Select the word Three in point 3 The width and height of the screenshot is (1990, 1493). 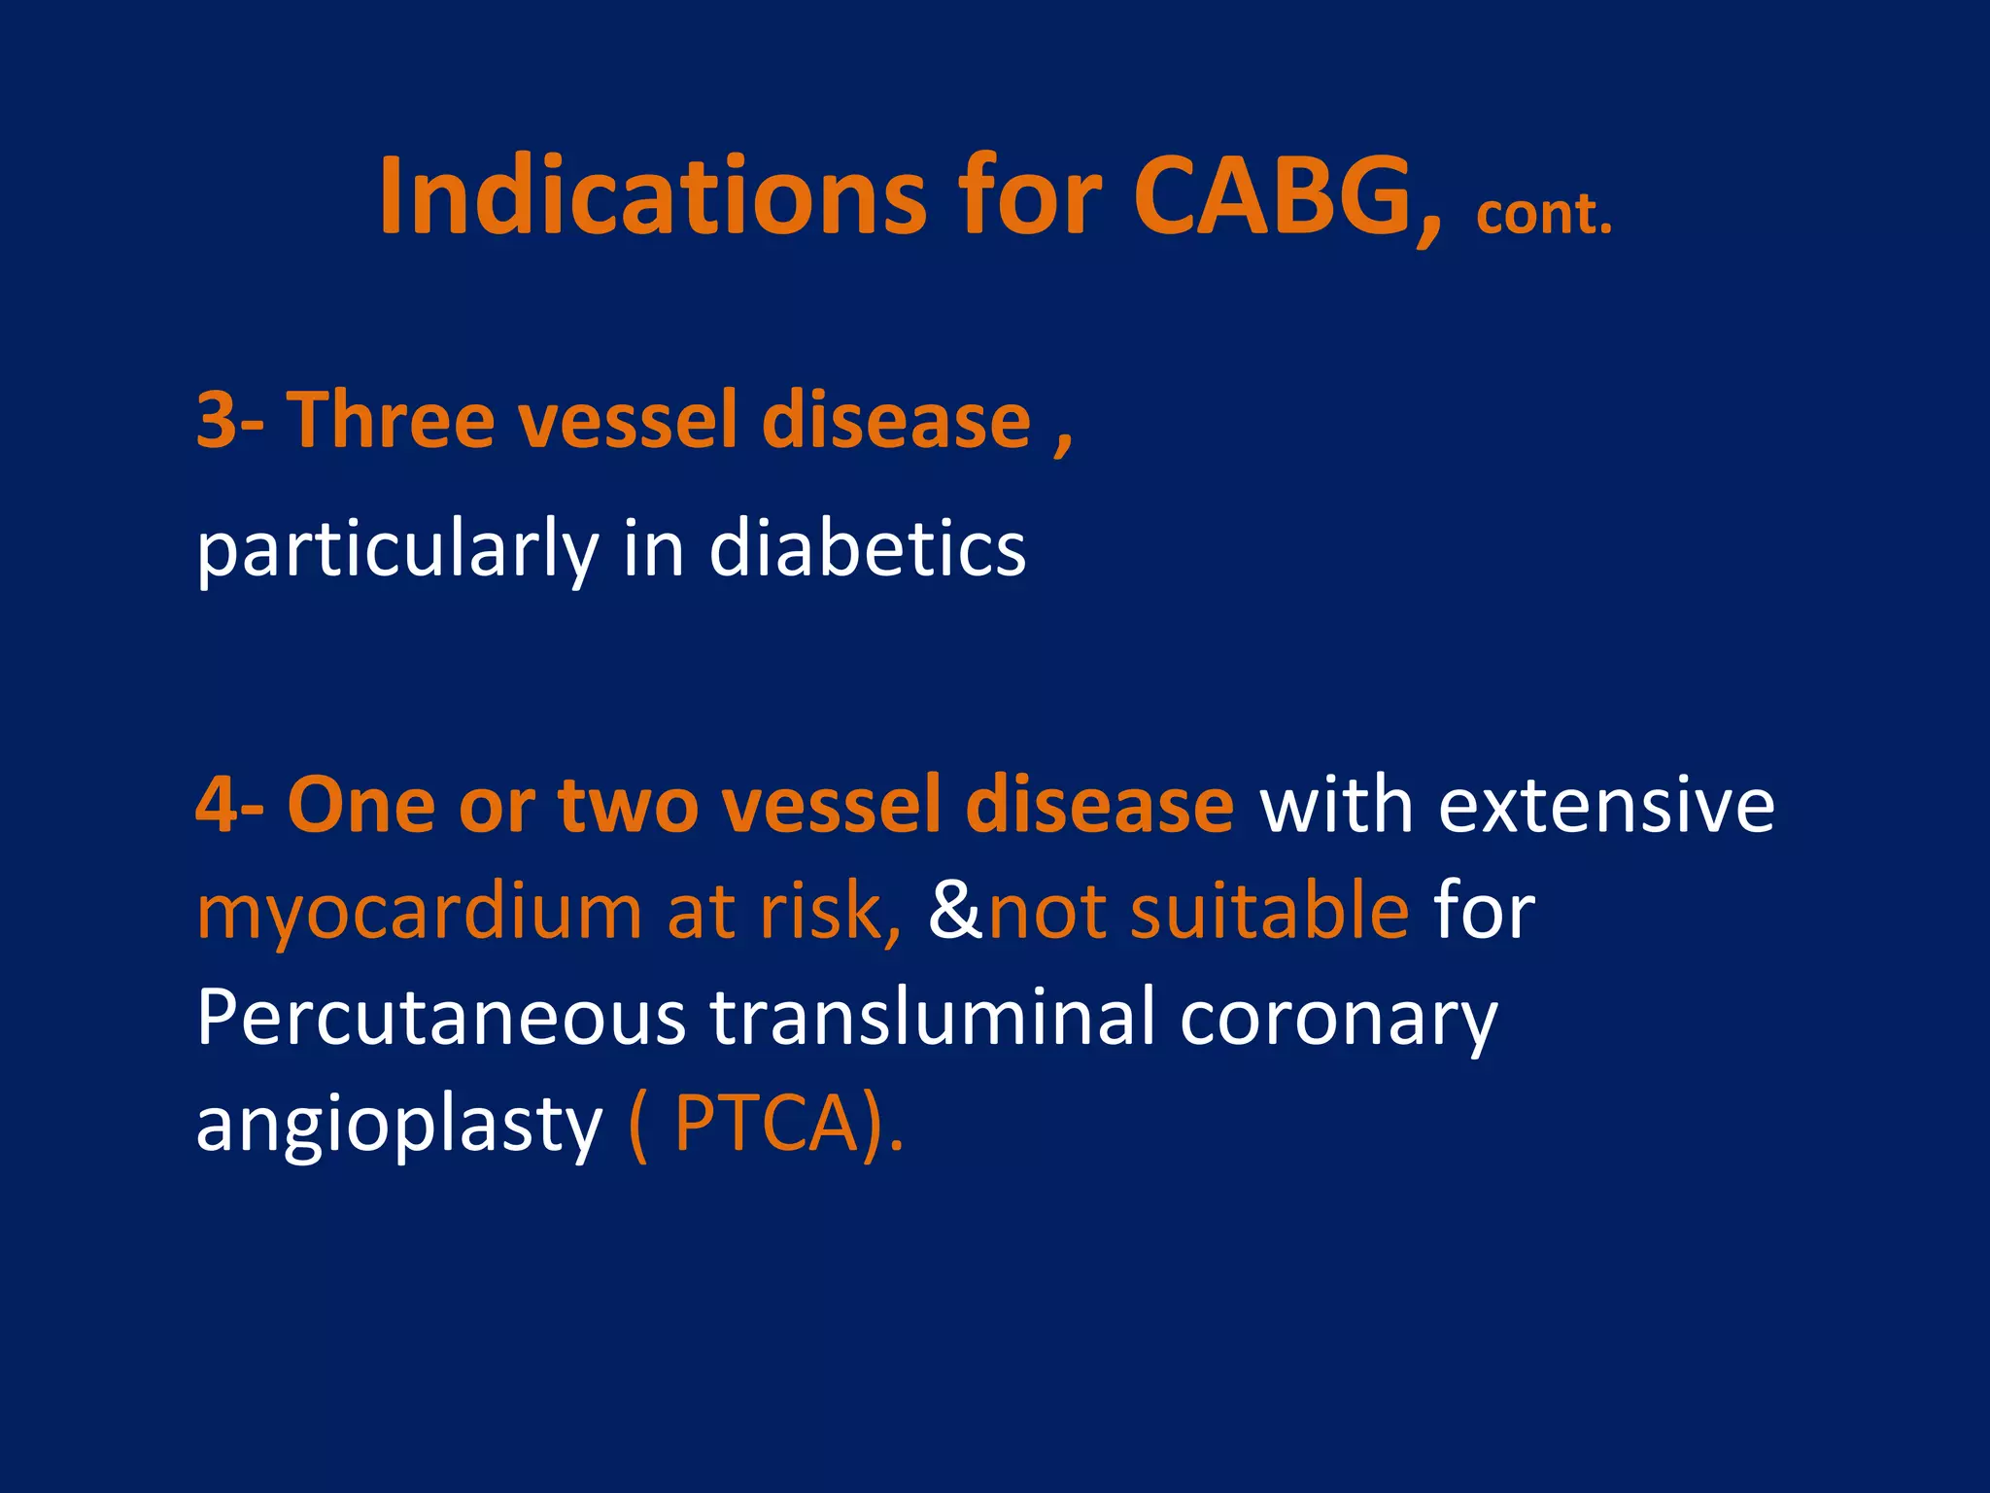[391, 421]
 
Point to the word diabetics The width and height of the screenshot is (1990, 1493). [867, 549]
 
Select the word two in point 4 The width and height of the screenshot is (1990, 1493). [629, 806]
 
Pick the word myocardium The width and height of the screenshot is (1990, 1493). [419, 914]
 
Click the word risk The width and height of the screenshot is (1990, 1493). [828, 912]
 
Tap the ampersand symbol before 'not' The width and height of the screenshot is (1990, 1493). [955, 912]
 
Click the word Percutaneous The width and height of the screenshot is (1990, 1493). [440, 1019]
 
